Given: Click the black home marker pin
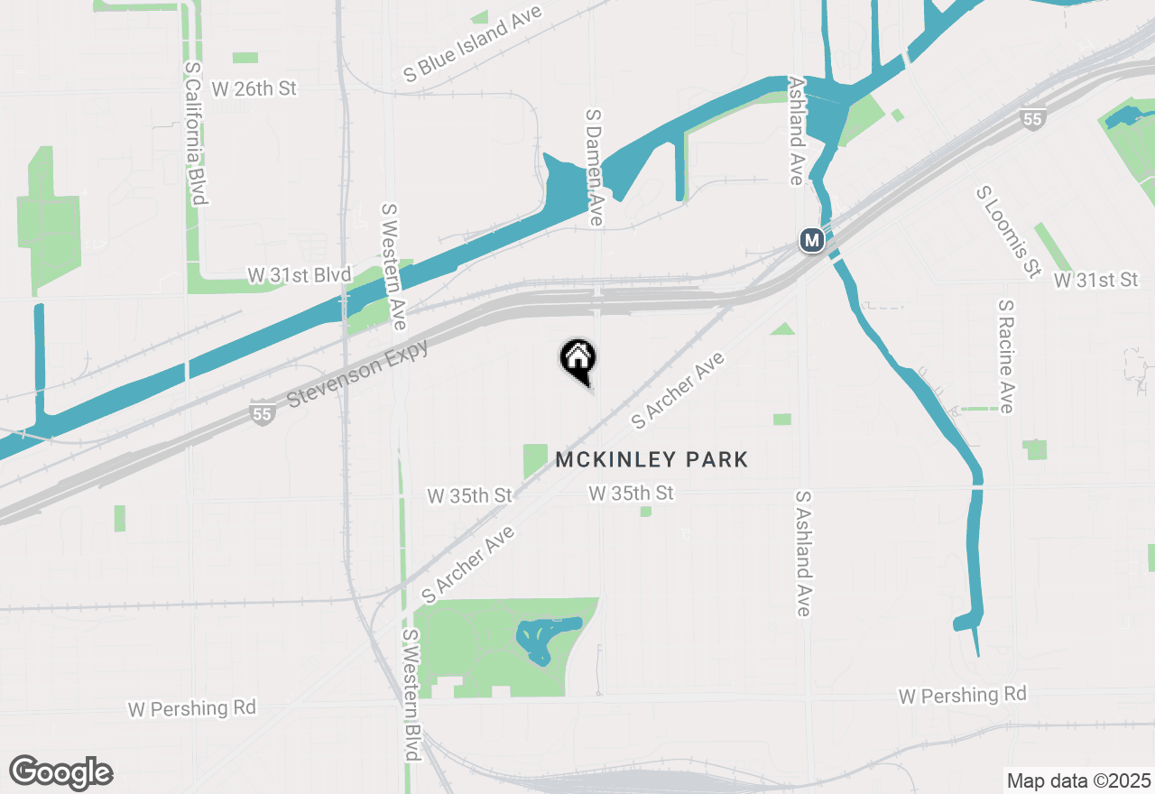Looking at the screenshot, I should pos(577,359).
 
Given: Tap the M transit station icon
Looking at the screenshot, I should pos(812,241).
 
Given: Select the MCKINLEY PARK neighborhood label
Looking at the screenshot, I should pos(651,460).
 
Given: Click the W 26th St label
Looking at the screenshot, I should pos(254,89).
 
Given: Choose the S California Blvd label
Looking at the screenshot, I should pos(197,133).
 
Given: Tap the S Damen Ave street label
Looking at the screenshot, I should pos(594,168).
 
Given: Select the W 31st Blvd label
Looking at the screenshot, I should pos(299,275).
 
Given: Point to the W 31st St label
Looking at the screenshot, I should pos(1095,281).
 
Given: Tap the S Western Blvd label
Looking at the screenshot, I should pos(411,695).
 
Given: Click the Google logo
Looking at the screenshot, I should pos(61,772).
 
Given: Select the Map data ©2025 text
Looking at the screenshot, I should pos(1078,780).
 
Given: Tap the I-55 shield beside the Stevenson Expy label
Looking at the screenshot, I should pos(262,415).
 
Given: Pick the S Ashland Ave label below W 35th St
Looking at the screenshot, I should pos(803,554).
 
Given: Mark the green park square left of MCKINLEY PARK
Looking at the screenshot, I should pos(535,461).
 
